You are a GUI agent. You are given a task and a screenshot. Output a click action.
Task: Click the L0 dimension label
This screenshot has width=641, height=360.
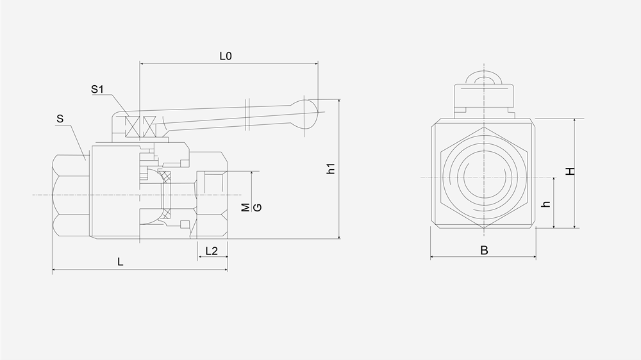point(225,56)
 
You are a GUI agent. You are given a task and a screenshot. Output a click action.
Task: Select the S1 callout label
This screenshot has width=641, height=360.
point(97,90)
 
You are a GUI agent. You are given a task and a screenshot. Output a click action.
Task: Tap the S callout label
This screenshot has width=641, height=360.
point(60,119)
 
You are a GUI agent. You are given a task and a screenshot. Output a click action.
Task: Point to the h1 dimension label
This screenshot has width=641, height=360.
point(331,169)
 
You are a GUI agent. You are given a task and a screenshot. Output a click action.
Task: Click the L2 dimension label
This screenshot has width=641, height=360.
point(212,250)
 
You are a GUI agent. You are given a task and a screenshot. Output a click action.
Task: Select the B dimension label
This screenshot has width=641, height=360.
point(484,250)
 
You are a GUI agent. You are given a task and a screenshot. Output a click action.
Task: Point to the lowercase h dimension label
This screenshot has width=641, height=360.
point(546,204)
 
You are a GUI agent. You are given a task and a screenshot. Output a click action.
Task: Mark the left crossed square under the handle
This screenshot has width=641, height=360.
point(133,126)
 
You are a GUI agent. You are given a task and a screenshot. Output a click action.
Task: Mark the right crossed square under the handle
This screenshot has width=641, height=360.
point(151,126)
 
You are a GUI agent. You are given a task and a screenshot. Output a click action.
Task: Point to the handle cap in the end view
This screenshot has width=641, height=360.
point(484,96)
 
